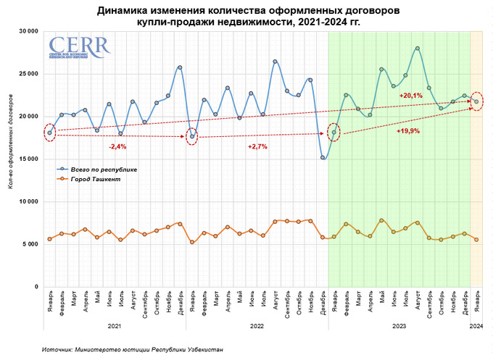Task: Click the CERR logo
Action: click(x=79, y=47)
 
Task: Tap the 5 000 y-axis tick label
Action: click(x=29, y=244)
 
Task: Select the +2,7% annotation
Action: click(x=258, y=146)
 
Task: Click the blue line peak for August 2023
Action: click(x=418, y=49)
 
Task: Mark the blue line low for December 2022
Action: click(x=323, y=157)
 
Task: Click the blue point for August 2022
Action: click(x=275, y=62)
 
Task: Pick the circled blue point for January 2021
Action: click(x=49, y=133)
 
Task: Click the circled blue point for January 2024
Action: click(x=476, y=101)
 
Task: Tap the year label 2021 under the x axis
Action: click(x=115, y=327)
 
